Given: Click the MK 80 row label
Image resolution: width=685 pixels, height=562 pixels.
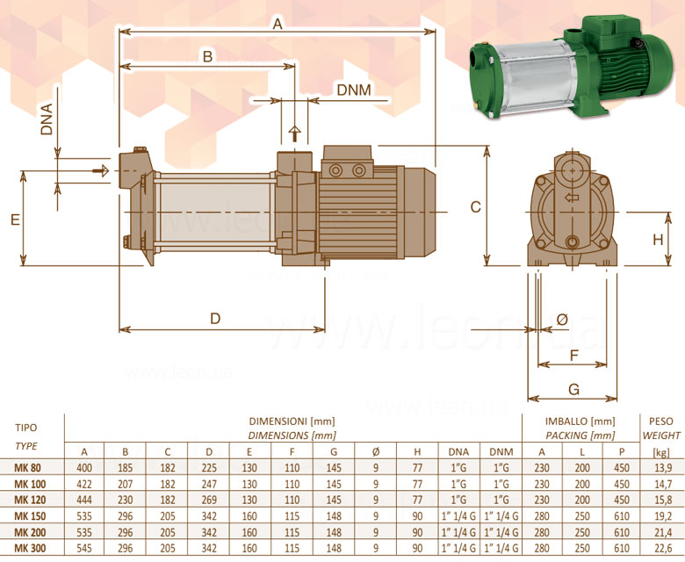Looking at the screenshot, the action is click(27, 468).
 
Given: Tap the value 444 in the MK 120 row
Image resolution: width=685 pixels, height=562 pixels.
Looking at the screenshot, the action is click(84, 500).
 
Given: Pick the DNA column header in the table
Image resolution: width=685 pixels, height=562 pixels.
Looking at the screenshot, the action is click(458, 452).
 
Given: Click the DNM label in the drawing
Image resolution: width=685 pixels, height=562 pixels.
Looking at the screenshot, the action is click(354, 90).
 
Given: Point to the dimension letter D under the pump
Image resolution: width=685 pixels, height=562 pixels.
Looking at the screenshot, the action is click(215, 319).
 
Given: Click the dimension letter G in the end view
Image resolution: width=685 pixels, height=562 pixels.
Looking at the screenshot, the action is click(573, 389).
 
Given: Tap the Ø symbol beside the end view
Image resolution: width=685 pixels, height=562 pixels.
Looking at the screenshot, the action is click(563, 320).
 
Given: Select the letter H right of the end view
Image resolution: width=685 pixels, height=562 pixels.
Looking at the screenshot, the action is click(658, 240).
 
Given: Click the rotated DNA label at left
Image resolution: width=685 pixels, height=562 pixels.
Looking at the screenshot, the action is click(47, 119).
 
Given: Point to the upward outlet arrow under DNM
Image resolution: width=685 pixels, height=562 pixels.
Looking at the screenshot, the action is click(295, 133).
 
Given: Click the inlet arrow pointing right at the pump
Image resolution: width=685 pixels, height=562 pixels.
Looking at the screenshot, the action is click(101, 170).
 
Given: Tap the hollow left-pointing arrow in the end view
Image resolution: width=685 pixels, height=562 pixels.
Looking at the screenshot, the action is click(572, 198).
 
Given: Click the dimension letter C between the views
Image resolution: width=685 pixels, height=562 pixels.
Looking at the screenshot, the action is click(476, 206).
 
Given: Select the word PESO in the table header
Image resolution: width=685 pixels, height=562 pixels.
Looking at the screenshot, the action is click(661, 421).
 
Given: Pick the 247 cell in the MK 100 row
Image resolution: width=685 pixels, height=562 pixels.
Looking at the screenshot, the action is click(209, 484).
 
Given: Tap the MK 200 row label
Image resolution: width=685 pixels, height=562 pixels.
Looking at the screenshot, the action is click(30, 532).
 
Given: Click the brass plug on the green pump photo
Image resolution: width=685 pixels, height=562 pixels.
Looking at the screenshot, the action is click(484, 44).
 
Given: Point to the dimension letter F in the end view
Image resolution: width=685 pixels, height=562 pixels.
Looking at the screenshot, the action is click(574, 355).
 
